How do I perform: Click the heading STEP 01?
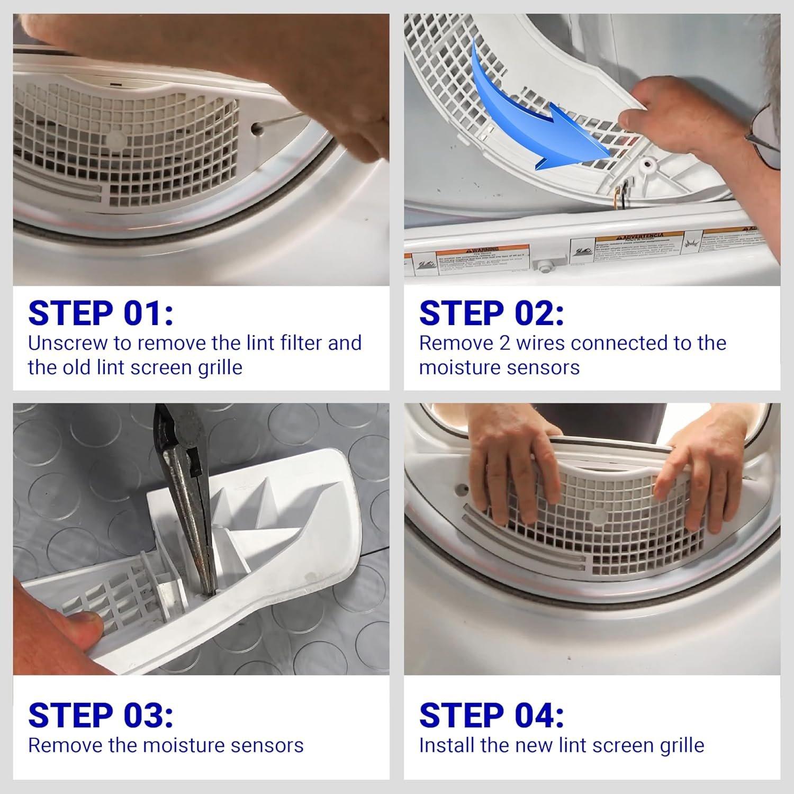(101, 313)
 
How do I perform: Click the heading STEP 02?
(491, 313)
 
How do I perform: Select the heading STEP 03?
(101, 715)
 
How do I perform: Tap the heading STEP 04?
(491, 715)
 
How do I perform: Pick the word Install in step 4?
(447, 745)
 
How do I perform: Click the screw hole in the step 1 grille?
(256, 128)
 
